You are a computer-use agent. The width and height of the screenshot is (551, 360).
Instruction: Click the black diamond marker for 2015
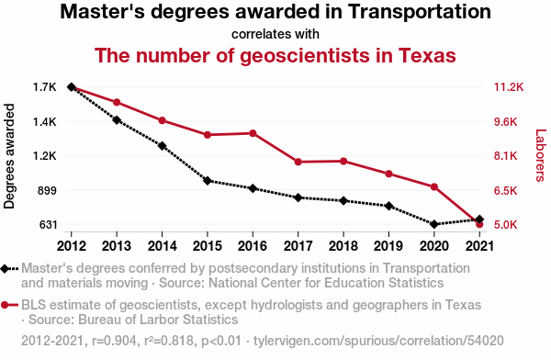pos(208,181)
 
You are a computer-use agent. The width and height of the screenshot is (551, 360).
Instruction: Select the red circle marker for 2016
pos(253,133)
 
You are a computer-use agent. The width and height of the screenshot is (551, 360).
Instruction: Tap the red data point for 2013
pos(117,102)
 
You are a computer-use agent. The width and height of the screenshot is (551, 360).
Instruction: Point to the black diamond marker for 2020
pos(434,224)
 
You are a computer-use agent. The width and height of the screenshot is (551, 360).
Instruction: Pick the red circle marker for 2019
pos(388,174)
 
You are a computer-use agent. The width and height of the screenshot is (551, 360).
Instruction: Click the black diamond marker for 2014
pos(162,146)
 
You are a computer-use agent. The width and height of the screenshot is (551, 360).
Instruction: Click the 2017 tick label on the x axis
pos(298,246)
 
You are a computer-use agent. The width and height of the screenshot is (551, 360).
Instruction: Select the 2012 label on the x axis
pos(72,246)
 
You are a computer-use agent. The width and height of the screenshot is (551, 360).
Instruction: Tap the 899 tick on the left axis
pos(47,190)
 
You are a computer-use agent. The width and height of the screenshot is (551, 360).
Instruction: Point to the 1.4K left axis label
pos(45,122)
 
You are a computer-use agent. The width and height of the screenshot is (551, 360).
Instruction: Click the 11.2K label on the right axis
pos(509,87)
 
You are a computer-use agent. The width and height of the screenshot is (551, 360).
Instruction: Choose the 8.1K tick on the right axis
pos(506,156)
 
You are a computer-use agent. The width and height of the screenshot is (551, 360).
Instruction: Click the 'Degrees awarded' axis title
pos(9,156)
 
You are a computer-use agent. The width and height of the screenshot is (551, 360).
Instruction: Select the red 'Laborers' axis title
pos(541,155)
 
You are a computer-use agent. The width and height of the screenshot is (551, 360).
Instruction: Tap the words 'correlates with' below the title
pos(275,34)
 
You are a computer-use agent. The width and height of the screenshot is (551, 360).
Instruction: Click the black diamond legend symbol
pos(5,268)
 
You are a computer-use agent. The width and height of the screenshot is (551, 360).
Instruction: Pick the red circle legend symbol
pos(5,305)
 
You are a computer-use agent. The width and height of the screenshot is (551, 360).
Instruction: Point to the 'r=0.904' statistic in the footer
pos(114,341)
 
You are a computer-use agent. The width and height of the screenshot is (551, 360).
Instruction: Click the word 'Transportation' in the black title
pos(420,11)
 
